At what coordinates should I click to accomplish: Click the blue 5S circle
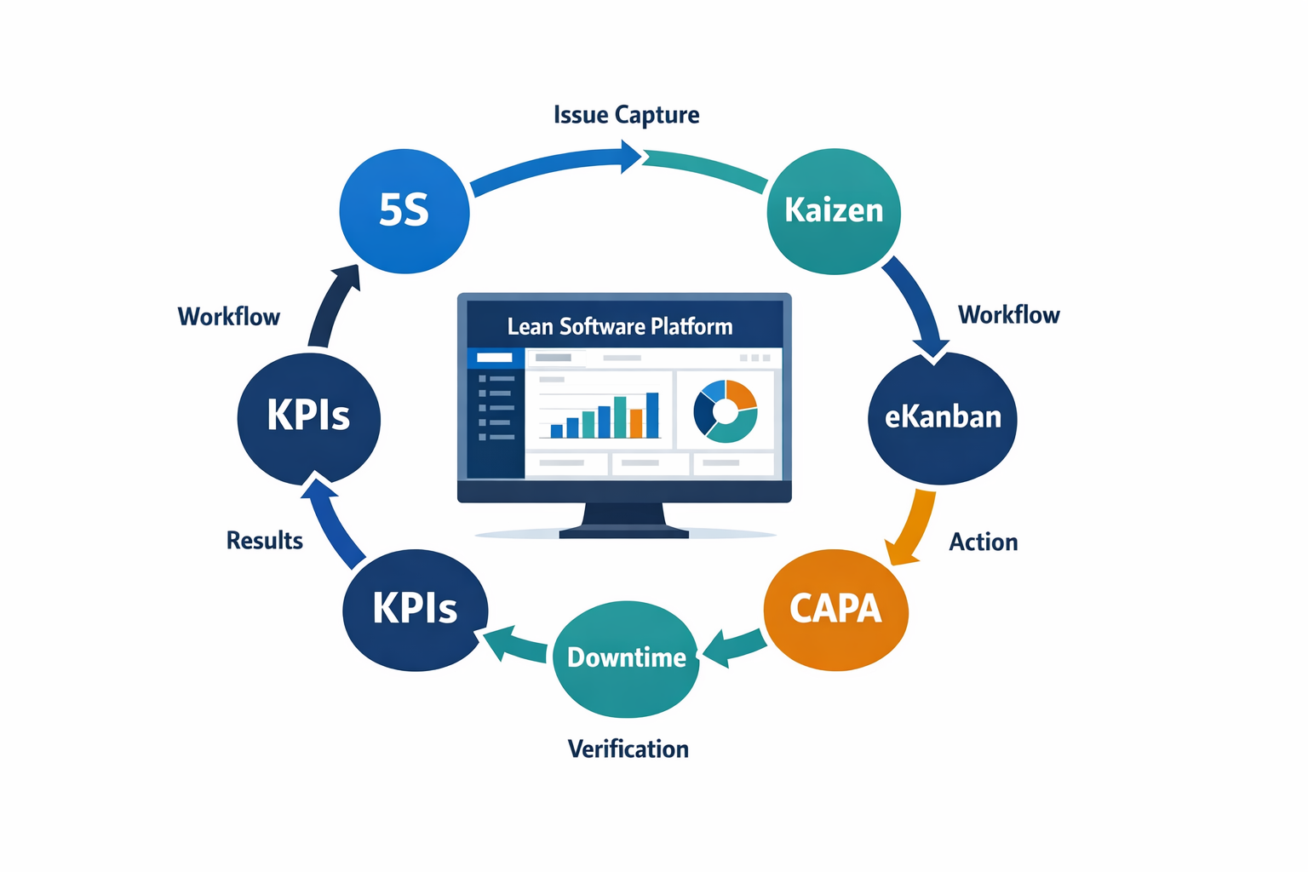[404, 211]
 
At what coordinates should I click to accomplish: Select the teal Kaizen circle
[834, 211]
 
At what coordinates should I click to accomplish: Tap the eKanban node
[942, 417]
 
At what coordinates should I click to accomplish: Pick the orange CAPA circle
[835, 609]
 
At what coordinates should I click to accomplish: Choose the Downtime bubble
[626, 658]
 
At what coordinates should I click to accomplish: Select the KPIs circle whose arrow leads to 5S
[308, 417]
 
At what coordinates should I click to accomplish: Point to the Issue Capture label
[626, 115]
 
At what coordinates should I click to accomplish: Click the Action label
[983, 542]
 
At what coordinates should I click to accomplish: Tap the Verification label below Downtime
[628, 749]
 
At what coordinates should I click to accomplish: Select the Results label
[264, 541]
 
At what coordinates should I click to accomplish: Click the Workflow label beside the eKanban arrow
[1008, 315]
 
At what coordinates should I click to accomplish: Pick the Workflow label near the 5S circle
[228, 317]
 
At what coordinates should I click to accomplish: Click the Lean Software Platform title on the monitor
[619, 327]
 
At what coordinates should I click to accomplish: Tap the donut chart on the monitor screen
[725, 411]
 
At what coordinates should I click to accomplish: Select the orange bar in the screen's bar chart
[635, 422]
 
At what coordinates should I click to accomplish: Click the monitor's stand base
[623, 531]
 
